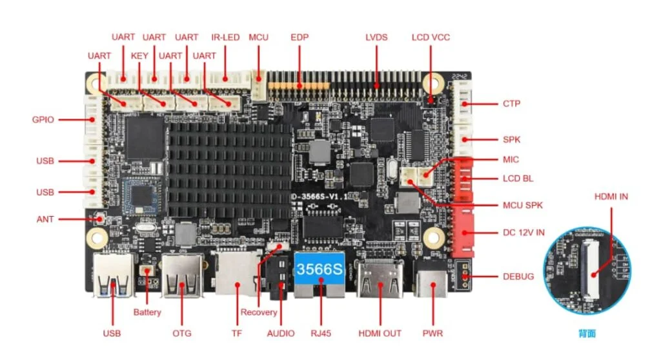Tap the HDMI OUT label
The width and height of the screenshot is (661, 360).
click(380, 334)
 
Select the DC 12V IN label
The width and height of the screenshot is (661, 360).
click(524, 233)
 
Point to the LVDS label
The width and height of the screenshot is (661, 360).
click(376, 37)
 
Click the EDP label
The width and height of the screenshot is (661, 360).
click(300, 37)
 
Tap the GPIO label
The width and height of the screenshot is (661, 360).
click(43, 120)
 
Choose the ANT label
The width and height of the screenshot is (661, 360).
click(45, 220)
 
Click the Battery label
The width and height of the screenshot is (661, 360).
click(147, 312)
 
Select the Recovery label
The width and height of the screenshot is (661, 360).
click(259, 312)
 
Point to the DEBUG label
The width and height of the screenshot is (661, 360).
click(518, 277)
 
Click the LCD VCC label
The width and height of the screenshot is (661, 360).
click(431, 37)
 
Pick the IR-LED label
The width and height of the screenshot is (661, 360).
click(225, 37)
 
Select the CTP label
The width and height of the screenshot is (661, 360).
click(511, 104)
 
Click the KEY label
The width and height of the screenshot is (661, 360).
click(139, 56)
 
